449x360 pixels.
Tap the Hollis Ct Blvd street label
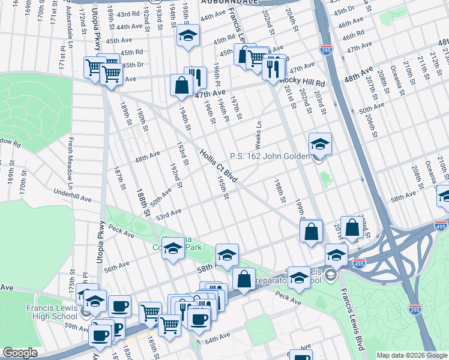(x=219, y=167)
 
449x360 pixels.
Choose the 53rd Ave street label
(x=168, y=212)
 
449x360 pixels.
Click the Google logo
(x=20, y=353)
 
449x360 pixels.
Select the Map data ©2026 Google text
(x=412, y=355)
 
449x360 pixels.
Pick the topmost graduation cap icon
(x=188, y=36)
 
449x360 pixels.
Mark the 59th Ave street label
(x=77, y=326)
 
